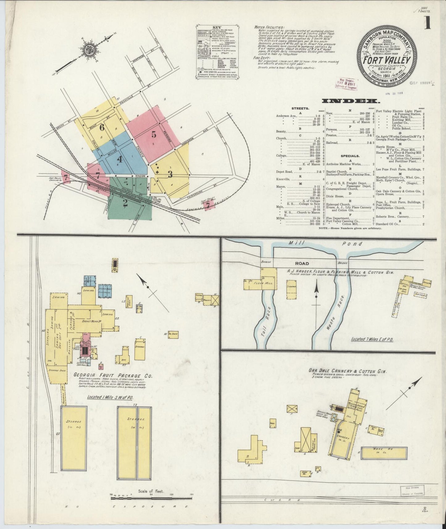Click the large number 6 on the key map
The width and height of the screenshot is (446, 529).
click(102, 127)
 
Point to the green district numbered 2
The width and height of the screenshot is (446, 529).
click(125, 202)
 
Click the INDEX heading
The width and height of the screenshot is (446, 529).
click(350, 101)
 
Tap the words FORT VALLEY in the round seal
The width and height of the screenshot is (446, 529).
click(386, 60)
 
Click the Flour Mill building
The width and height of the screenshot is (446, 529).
click(264, 282)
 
